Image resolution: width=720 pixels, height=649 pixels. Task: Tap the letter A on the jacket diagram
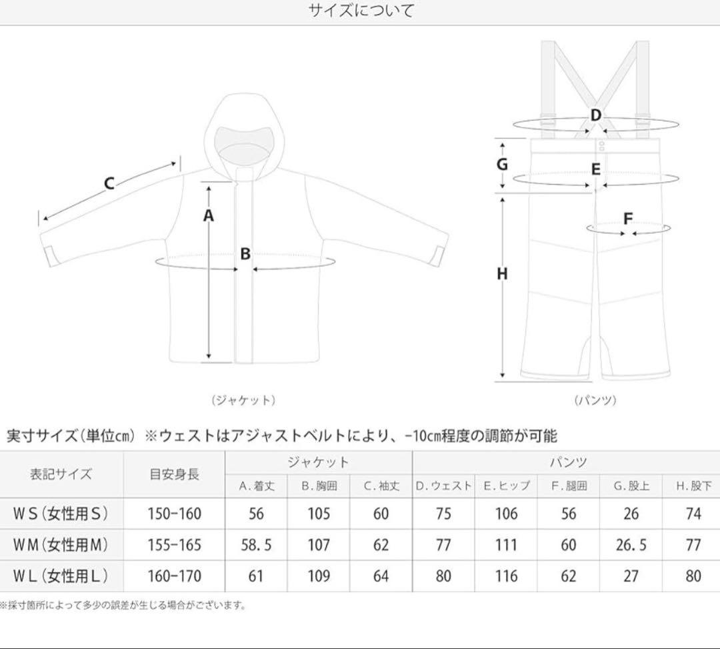click(x=209, y=215)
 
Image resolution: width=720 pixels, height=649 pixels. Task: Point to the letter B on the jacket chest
click(x=245, y=253)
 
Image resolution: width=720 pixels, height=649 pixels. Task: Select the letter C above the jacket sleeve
click(x=109, y=183)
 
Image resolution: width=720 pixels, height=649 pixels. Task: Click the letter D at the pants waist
click(x=595, y=115)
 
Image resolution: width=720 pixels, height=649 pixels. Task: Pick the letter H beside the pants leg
click(x=502, y=273)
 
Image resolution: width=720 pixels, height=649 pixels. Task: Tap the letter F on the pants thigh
click(x=627, y=218)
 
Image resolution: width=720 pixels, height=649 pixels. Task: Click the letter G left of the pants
click(x=503, y=164)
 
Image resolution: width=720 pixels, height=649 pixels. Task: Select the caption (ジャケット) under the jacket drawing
click(x=243, y=400)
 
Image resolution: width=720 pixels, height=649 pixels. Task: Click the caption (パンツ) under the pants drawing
click(x=595, y=400)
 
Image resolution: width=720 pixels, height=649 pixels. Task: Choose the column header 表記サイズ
click(x=61, y=475)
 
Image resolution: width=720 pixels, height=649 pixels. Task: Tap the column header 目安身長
click(x=174, y=475)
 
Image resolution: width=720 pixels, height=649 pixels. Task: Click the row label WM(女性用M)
click(x=61, y=545)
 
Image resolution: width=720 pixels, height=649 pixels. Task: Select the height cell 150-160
click(x=174, y=514)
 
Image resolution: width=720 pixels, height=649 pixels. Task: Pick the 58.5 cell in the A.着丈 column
click(x=256, y=545)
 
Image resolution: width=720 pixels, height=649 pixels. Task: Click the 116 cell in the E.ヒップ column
click(x=506, y=576)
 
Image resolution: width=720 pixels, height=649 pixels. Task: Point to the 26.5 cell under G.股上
click(x=631, y=545)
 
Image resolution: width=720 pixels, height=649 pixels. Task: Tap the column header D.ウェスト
click(x=443, y=486)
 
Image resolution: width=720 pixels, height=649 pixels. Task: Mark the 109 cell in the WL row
click(x=319, y=576)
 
